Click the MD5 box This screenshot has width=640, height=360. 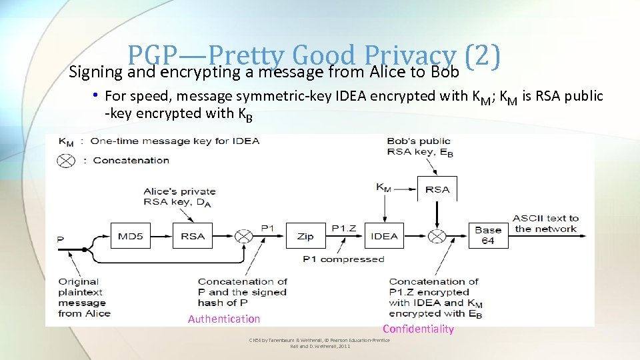coord(133,236)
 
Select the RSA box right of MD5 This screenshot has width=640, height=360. coord(192,236)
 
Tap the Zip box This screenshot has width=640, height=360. coord(305,236)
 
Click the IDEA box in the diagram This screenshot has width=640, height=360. coord(384,236)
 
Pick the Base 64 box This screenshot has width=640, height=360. coord(488,235)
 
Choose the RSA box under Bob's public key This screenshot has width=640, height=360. coord(437,189)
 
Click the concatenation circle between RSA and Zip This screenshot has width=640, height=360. coord(245,236)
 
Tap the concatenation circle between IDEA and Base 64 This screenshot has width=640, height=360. coord(437,236)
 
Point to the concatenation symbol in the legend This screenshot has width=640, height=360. coord(66,160)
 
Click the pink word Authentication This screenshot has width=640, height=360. coord(224,319)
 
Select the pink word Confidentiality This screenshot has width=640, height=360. coord(418,329)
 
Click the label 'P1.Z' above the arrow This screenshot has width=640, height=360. coord(345,228)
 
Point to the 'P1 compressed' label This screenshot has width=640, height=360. coord(343,259)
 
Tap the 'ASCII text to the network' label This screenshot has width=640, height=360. coord(545,223)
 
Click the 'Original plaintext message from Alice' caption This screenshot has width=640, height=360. coord(84,297)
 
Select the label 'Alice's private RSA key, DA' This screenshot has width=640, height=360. coord(179,197)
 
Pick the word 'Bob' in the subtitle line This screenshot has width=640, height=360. coord(445,71)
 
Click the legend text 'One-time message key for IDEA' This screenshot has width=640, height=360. coord(175,141)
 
